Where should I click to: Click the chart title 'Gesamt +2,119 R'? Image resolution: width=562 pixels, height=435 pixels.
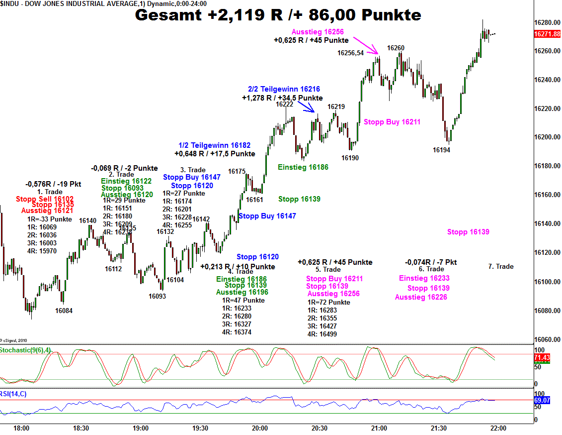pos(278,15)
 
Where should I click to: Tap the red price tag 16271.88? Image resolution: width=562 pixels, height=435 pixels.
pos(547,34)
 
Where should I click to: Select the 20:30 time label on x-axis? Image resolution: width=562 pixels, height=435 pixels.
pos(319,428)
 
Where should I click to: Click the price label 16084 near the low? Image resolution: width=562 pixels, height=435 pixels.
pos(64,311)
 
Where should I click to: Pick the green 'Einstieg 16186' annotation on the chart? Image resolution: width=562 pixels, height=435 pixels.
pos(303,167)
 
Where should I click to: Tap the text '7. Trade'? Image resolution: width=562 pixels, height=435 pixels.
pos(500,266)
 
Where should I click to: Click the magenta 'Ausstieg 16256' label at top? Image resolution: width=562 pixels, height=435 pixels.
pos(318,32)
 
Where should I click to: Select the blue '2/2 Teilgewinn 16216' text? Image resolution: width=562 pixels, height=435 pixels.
pos(284,89)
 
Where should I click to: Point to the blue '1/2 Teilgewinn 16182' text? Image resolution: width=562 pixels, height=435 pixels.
pos(214,145)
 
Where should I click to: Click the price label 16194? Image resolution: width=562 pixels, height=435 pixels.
pos(441,150)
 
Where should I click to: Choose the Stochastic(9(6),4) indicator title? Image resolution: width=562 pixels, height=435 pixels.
pos(25,350)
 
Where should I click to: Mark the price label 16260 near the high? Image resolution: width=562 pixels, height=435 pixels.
pos(396,48)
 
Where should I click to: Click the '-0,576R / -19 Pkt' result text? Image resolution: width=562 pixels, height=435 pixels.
pos(53,184)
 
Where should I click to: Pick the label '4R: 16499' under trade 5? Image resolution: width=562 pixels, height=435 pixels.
pos(322,334)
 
